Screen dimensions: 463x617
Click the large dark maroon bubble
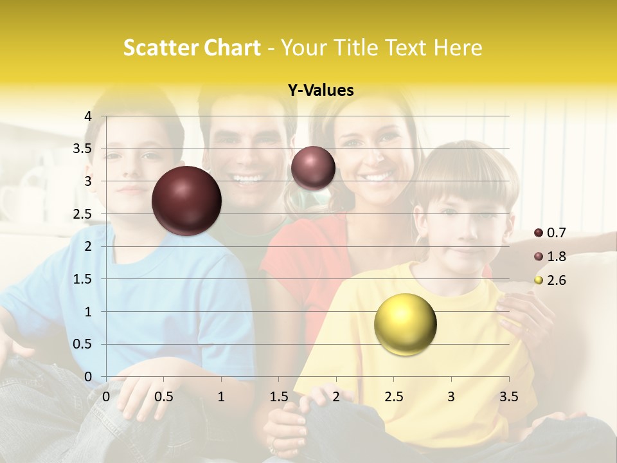pyautogui.click(x=187, y=201)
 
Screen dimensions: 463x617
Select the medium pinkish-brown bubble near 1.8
pyautogui.click(x=313, y=168)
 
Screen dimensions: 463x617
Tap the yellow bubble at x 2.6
pyautogui.click(x=405, y=324)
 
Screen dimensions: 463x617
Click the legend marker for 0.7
pyautogui.click(x=539, y=232)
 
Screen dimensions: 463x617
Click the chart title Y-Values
pyautogui.click(x=321, y=91)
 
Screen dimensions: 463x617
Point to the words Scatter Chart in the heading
pyautogui.click(x=192, y=48)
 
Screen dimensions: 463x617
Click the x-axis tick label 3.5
pyautogui.click(x=508, y=396)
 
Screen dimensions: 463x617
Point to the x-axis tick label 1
pyautogui.click(x=221, y=396)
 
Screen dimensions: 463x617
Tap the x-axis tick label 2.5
pyautogui.click(x=393, y=396)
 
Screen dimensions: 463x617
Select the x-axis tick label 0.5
pyautogui.click(x=163, y=396)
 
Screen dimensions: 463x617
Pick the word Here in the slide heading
pyautogui.click(x=458, y=48)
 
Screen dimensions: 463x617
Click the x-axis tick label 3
pyautogui.click(x=451, y=396)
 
